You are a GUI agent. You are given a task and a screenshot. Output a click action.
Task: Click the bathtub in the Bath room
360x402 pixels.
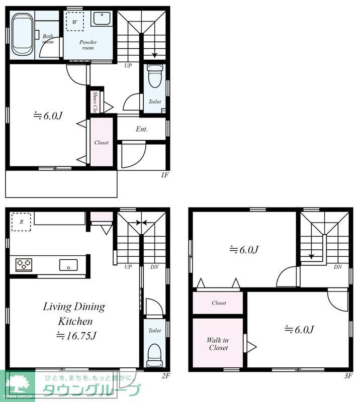pyautogui.click(x=22, y=34)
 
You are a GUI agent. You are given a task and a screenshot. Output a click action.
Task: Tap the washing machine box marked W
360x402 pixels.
pyautogui.click(x=75, y=22)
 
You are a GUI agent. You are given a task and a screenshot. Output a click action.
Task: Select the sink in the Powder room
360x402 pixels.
pyautogui.click(x=102, y=18)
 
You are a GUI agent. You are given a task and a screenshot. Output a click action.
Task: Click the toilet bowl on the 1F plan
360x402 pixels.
pyautogui.click(x=155, y=76)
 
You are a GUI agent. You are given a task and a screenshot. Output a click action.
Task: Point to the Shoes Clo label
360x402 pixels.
pyautogui.click(x=95, y=102)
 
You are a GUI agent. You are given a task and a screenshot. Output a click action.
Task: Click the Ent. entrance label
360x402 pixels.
pyautogui.click(x=142, y=129)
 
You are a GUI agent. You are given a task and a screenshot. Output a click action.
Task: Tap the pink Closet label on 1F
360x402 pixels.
pyautogui.click(x=102, y=143)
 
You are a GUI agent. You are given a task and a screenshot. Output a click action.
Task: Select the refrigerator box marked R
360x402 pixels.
pyautogui.click(x=21, y=222)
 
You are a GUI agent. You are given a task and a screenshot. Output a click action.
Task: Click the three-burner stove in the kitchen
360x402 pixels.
pyautogui.click(x=24, y=265)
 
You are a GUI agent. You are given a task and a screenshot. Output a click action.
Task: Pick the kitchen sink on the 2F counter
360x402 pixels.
pyautogui.click(x=68, y=265)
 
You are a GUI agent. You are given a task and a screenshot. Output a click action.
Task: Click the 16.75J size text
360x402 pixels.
pyautogui.click(x=76, y=336)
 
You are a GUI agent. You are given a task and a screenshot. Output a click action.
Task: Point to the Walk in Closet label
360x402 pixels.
pyautogui.click(x=218, y=344)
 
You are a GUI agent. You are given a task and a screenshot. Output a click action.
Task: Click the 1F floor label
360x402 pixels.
pyautogui.click(x=164, y=175)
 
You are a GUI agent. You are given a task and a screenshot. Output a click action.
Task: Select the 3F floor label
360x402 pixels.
pyautogui.click(x=348, y=376)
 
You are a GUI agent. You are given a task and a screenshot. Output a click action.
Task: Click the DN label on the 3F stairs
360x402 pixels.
pyautogui.click(x=338, y=267)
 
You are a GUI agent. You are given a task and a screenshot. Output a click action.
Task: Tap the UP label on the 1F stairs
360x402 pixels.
pyautogui.click(x=128, y=66)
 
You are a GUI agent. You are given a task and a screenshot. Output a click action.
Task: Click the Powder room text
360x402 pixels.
pyautogui.click(x=88, y=45)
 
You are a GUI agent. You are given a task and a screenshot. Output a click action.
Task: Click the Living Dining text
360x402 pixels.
pyautogui.click(x=74, y=307)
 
